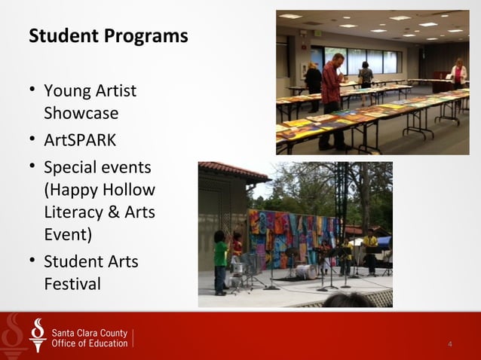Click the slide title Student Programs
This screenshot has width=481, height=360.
[108, 36]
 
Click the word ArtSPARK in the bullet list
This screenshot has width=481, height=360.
[80, 140]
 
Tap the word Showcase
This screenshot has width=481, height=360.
[81, 114]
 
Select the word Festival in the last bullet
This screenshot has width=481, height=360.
[72, 284]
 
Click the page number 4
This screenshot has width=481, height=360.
[450, 344]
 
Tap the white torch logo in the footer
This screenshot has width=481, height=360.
[37, 336]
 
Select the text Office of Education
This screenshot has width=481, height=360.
[89, 343]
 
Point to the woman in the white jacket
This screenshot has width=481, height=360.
[458, 76]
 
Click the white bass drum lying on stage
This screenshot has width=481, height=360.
[304, 271]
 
